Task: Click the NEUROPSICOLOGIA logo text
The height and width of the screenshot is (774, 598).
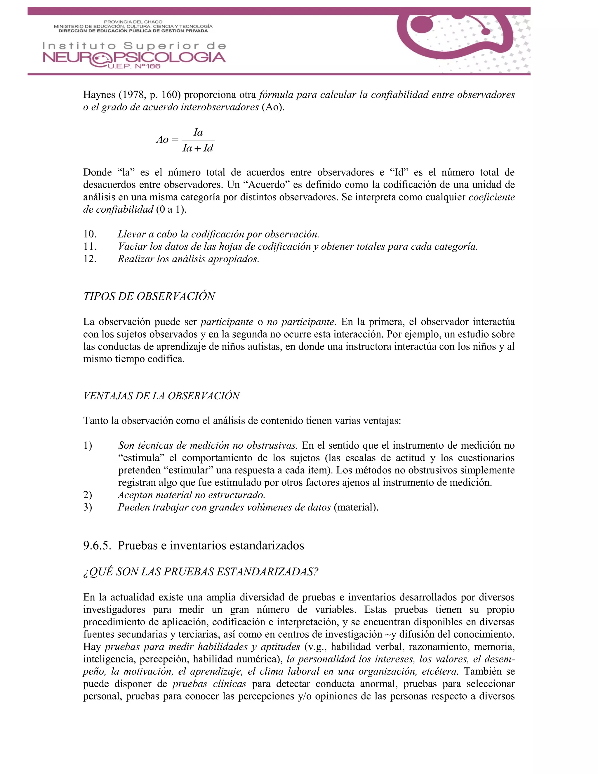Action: pyautogui.click(x=134, y=58)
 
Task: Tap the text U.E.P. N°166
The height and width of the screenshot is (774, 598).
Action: pyautogui.click(x=133, y=67)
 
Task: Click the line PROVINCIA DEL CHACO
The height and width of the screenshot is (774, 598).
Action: pyautogui.click(x=133, y=22)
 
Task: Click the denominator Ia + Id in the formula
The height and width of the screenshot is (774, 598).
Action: pyautogui.click(x=198, y=148)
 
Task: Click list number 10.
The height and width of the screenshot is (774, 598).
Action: pyautogui.click(x=90, y=234)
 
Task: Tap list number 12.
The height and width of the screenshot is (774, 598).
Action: pyautogui.click(x=90, y=259)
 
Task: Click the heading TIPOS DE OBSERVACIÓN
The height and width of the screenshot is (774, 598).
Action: pyautogui.click(x=149, y=297)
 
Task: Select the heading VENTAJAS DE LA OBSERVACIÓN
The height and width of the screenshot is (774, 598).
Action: pyautogui.click(x=161, y=396)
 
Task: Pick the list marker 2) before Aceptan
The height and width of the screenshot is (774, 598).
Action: pyautogui.click(x=88, y=495)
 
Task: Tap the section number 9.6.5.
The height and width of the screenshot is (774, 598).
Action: pyautogui.click(x=97, y=545)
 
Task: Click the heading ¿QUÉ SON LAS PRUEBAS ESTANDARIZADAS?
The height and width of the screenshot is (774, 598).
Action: pyautogui.click(x=201, y=572)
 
